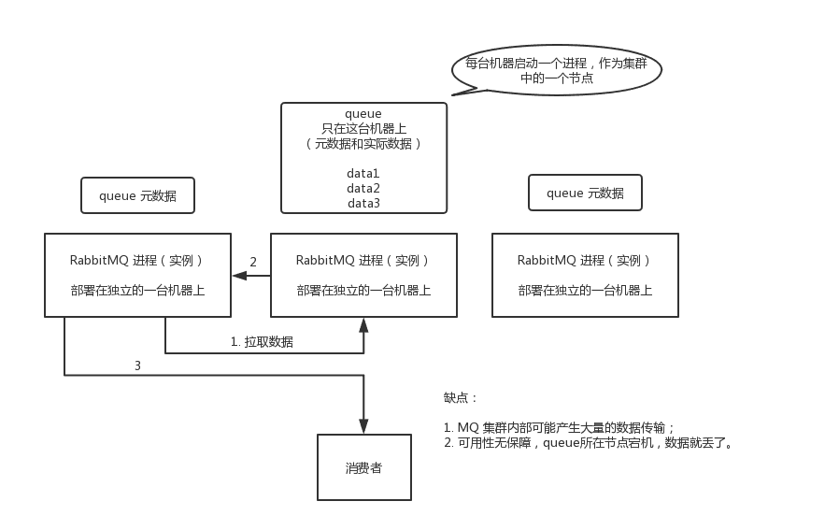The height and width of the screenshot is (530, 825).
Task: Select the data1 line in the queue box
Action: click(363, 173)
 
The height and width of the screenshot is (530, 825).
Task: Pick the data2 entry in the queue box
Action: click(363, 189)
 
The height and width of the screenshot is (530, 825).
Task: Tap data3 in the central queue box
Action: click(363, 203)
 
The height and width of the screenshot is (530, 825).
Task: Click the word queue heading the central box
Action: click(363, 114)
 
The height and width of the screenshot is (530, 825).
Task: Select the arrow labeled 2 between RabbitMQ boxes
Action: click(251, 275)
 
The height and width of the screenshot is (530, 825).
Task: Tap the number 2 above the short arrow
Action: click(253, 262)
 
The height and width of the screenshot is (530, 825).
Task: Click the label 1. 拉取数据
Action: click(262, 341)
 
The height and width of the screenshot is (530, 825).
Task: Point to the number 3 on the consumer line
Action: click(137, 365)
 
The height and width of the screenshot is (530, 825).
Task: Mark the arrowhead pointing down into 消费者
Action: click(363, 426)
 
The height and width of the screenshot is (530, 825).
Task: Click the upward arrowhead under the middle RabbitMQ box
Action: click(363, 324)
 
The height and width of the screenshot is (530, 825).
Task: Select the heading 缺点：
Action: click(461, 397)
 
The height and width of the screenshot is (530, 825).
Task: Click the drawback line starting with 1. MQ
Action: click(559, 427)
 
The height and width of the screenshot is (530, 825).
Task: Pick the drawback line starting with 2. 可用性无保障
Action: click(589, 443)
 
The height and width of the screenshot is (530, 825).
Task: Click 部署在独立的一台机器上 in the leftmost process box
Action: click(138, 290)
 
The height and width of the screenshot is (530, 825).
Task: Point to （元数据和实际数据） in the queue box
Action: click(363, 144)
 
